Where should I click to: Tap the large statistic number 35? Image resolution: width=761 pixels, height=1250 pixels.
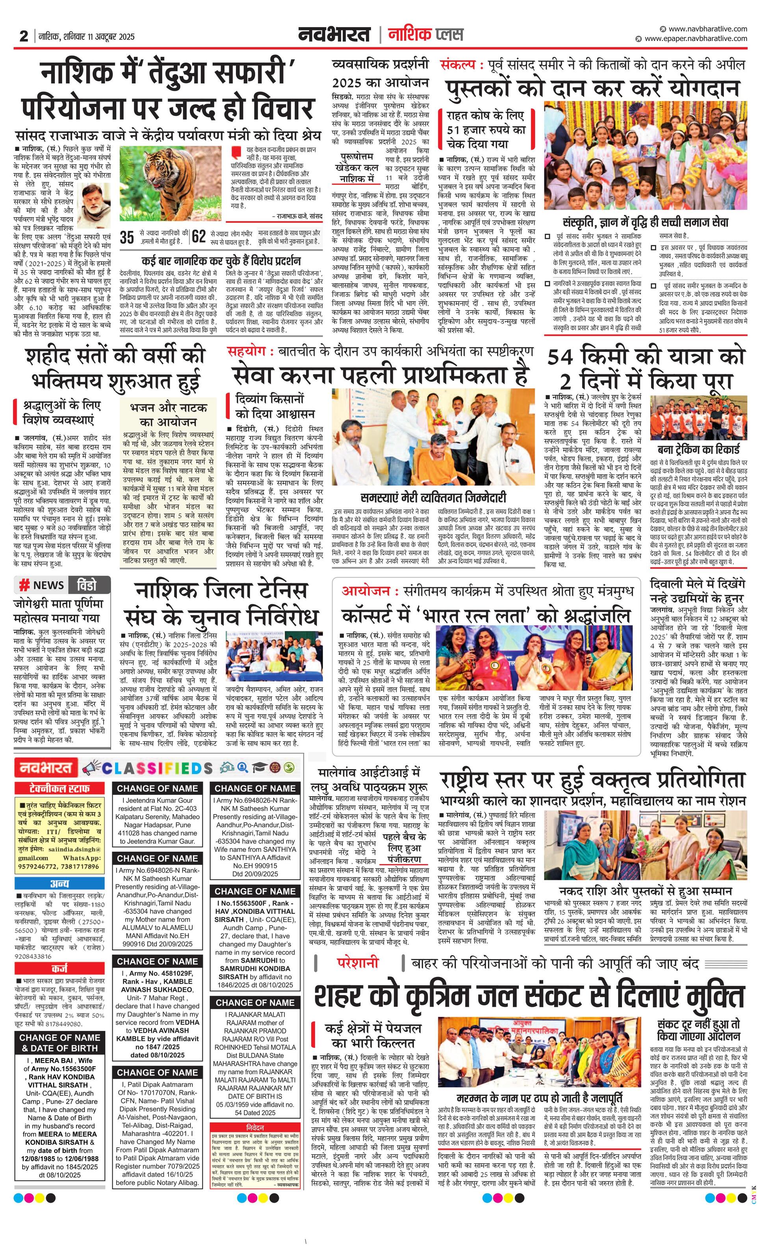point(127,237)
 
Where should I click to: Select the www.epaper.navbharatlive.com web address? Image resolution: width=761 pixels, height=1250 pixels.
point(695,39)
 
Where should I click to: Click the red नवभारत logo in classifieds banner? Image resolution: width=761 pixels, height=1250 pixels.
point(46,768)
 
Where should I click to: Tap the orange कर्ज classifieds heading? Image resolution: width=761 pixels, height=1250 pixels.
point(60,968)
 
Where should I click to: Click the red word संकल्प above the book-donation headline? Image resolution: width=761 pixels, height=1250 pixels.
point(458,65)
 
